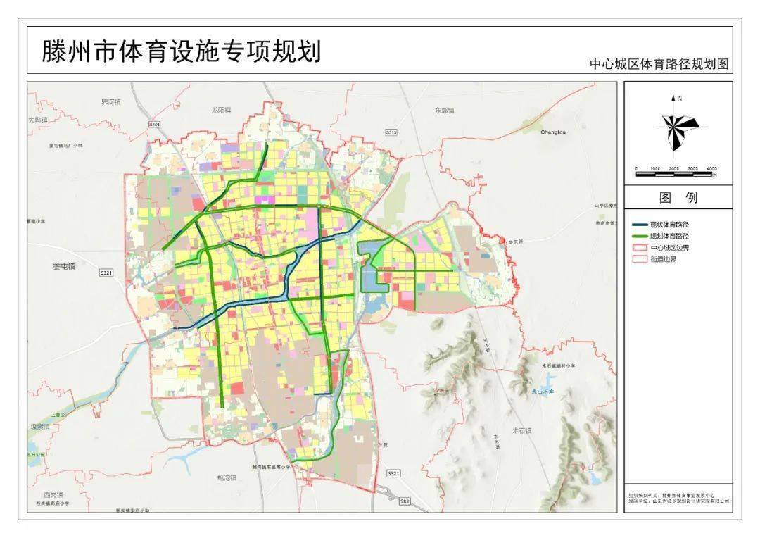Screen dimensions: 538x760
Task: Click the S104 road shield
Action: pyautogui.click(x=155, y=124)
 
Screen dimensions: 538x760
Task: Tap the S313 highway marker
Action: pyautogui.click(x=391, y=132)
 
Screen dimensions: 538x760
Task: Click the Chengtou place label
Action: pyautogui.click(x=553, y=132)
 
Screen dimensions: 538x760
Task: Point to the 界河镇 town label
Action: pyautogui.click(x=111, y=102)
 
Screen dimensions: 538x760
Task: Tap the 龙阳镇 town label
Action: pyautogui.click(x=221, y=110)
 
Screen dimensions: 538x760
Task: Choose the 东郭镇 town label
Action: pyautogui.click(x=444, y=111)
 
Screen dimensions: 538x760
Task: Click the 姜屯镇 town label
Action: pyautogui.click(x=64, y=266)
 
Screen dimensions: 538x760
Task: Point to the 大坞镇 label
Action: pyautogui.click(x=38, y=120)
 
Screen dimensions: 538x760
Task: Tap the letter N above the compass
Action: pyautogui.click(x=680, y=99)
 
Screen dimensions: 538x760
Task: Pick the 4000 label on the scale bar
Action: pyautogui.click(x=711, y=169)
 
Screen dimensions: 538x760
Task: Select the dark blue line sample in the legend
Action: pyautogui.click(x=639, y=224)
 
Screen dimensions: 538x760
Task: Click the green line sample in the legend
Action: pyautogui.click(x=639, y=236)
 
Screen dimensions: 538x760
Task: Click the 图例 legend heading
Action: pyautogui.click(x=678, y=198)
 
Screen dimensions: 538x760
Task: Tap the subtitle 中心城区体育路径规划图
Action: pyautogui.click(x=659, y=64)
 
